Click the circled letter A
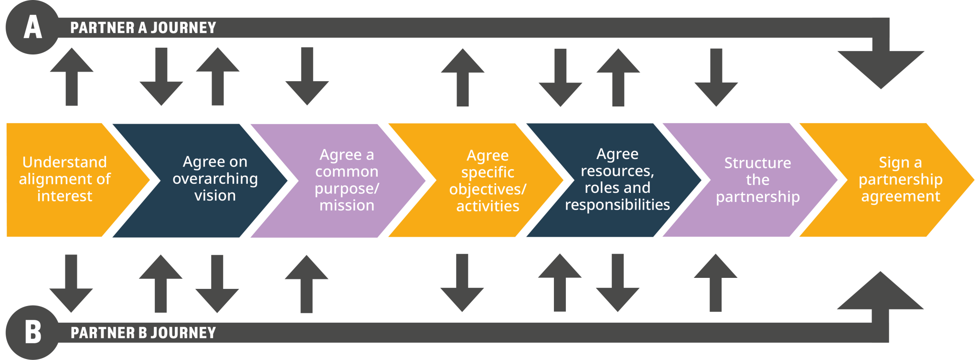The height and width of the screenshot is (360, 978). point(32,27)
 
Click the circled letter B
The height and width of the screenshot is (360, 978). point(32,332)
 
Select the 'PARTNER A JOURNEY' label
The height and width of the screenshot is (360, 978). point(143,28)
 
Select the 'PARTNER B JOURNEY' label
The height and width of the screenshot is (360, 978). point(143,333)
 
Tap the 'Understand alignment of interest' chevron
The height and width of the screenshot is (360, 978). point(64,179)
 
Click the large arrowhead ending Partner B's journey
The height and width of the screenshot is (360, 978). point(881,291)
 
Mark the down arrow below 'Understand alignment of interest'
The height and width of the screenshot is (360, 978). point(71,285)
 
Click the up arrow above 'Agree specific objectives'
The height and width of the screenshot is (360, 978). point(462,76)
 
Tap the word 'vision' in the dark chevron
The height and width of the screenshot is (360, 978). point(215,196)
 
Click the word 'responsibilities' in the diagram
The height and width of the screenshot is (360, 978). point(617,205)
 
